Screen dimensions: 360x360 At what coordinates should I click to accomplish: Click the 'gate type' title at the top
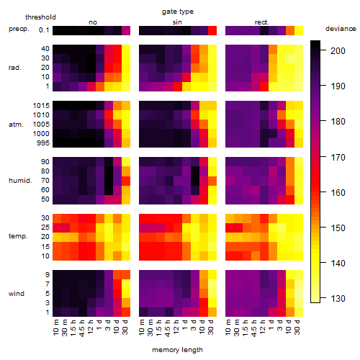click(178, 12)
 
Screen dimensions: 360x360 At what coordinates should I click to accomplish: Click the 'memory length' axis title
click(177, 350)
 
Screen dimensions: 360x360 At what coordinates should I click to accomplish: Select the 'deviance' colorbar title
click(341, 29)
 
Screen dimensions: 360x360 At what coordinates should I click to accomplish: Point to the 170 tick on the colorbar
click(323, 157)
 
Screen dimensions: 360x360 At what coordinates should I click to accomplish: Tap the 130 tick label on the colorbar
click(338, 299)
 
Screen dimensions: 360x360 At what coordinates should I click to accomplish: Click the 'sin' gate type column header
click(177, 22)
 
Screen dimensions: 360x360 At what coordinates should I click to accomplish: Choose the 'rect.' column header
click(262, 22)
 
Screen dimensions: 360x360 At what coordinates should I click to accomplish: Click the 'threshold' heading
click(40, 17)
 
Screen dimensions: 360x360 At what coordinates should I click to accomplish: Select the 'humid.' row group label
click(20, 181)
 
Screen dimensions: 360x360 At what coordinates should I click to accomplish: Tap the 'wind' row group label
click(17, 294)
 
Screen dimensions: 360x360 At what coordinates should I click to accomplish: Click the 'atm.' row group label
click(16, 125)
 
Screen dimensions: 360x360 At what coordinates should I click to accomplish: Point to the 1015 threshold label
click(41, 106)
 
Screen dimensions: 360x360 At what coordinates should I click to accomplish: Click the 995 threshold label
click(43, 143)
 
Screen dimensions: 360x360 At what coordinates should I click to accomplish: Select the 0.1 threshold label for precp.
click(44, 30)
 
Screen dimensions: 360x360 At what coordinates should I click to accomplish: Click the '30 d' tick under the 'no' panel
click(125, 327)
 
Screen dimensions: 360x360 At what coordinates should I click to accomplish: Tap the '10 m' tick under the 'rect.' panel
click(228, 327)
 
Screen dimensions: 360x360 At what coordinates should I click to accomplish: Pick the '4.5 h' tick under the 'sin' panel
click(168, 328)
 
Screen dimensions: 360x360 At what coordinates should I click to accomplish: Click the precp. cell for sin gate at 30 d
click(212, 31)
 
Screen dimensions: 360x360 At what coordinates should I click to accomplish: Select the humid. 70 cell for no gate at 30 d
click(126, 181)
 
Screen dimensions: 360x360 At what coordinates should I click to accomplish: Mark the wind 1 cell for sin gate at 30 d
click(212, 312)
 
